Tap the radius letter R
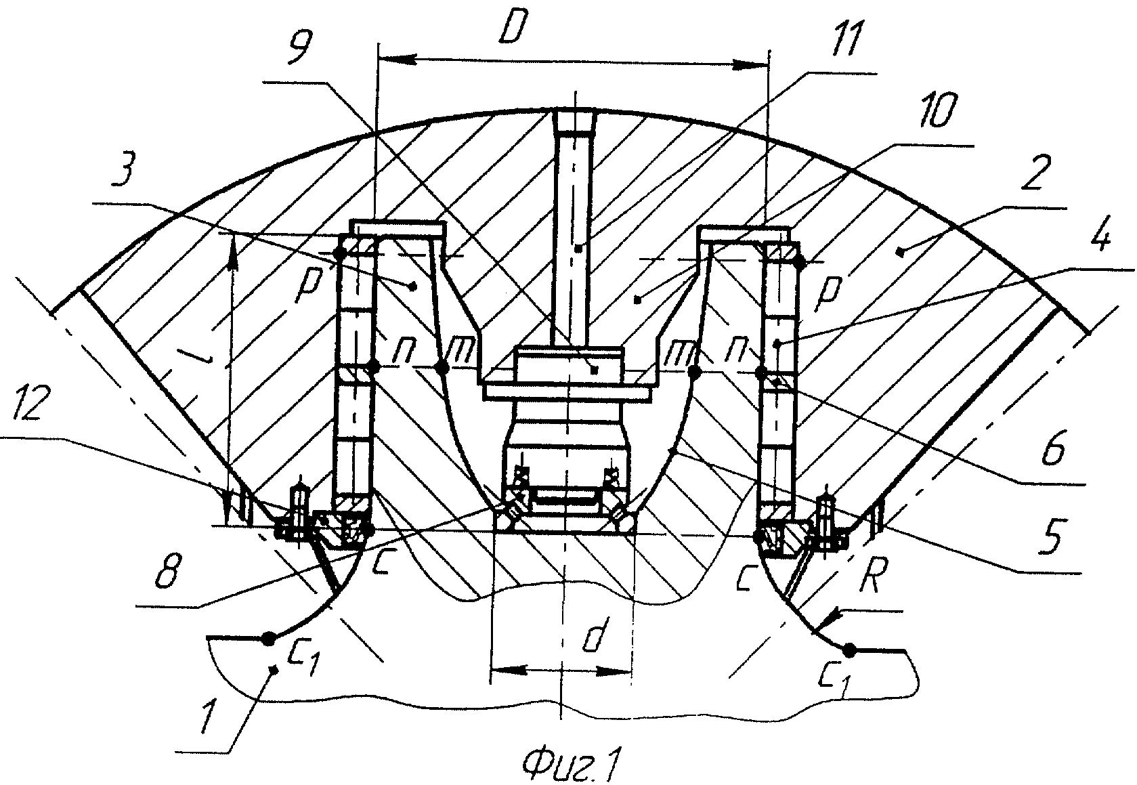click(x=869, y=577)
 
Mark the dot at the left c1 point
click(x=268, y=638)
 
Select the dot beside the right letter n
click(x=760, y=373)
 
